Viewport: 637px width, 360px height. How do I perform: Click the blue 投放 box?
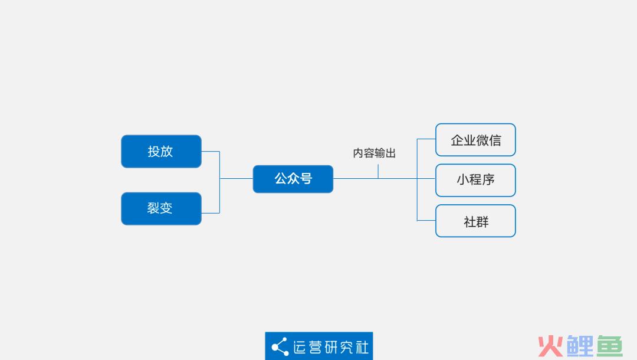tap(161, 151)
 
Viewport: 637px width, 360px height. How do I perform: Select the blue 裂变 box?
tap(161, 208)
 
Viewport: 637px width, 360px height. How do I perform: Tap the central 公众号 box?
tap(293, 179)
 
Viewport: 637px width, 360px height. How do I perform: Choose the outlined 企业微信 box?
tap(475, 140)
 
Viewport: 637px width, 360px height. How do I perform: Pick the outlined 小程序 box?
tap(475, 180)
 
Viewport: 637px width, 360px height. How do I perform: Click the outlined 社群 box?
tap(475, 221)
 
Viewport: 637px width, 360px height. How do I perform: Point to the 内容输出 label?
tap(374, 153)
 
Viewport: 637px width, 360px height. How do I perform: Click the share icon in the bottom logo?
tap(280, 346)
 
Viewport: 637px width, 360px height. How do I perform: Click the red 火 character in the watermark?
tap(550, 346)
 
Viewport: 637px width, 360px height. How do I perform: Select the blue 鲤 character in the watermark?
tap(580, 346)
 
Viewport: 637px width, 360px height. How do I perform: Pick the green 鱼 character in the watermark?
tap(609, 346)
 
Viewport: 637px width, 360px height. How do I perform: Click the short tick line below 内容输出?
tap(378, 172)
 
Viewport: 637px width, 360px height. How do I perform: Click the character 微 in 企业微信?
tap(482, 140)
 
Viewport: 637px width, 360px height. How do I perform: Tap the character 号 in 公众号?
tap(306, 178)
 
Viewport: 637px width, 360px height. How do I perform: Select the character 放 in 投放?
tap(166, 152)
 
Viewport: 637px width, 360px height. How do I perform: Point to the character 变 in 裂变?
tap(166, 208)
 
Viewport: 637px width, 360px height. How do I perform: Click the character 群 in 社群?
tap(482, 222)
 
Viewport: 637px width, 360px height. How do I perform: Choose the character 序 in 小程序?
tap(488, 179)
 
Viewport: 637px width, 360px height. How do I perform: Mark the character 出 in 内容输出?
tap(391, 153)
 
